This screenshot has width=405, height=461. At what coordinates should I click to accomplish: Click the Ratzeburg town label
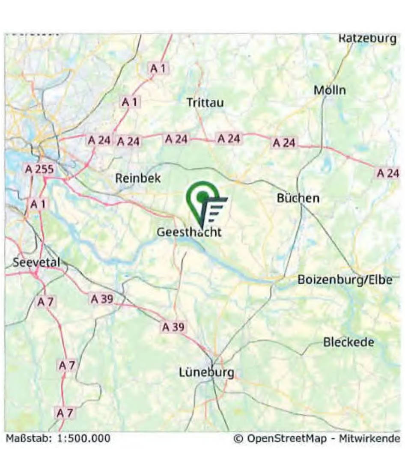click(x=368, y=39)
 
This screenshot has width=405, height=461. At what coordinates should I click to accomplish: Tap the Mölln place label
click(x=329, y=90)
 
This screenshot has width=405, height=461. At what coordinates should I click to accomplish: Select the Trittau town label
click(x=205, y=102)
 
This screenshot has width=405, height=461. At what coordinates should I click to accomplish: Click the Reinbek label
click(x=138, y=178)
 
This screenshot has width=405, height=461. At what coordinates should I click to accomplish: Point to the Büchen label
click(x=298, y=198)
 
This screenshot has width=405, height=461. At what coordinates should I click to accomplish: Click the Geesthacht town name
click(x=189, y=232)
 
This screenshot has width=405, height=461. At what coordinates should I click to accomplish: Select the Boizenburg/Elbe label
click(x=345, y=280)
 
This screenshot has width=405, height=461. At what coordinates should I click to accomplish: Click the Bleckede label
click(x=348, y=342)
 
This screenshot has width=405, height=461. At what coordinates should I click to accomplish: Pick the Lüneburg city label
click(x=206, y=372)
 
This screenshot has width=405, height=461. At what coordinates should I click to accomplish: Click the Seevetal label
click(x=36, y=262)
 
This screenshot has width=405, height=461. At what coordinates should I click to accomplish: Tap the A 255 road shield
click(x=39, y=169)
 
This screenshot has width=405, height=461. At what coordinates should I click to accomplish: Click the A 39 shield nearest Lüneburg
click(x=174, y=327)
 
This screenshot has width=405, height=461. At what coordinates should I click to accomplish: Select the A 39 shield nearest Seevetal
click(x=102, y=299)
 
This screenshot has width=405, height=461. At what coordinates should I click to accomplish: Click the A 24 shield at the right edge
click(x=387, y=173)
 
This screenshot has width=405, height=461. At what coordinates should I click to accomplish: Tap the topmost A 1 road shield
click(x=159, y=68)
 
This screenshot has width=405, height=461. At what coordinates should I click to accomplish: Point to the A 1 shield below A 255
click(x=38, y=204)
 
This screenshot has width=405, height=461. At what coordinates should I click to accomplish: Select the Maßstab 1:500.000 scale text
click(x=58, y=438)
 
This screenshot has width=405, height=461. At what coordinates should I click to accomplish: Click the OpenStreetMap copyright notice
click(x=317, y=438)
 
